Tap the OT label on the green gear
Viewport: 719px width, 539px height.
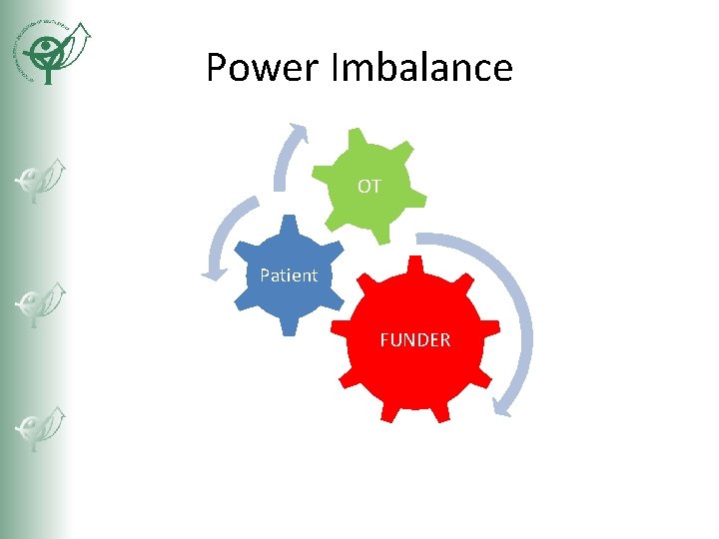[x=368, y=186]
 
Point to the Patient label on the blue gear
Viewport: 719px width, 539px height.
[x=288, y=275]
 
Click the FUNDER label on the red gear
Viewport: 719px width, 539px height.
[x=414, y=340]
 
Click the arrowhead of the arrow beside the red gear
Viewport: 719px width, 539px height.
[x=505, y=404]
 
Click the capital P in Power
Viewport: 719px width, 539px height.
[x=216, y=68]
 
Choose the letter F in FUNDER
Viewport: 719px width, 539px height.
[x=384, y=340]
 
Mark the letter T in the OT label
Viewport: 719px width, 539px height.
[x=375, y=186]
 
